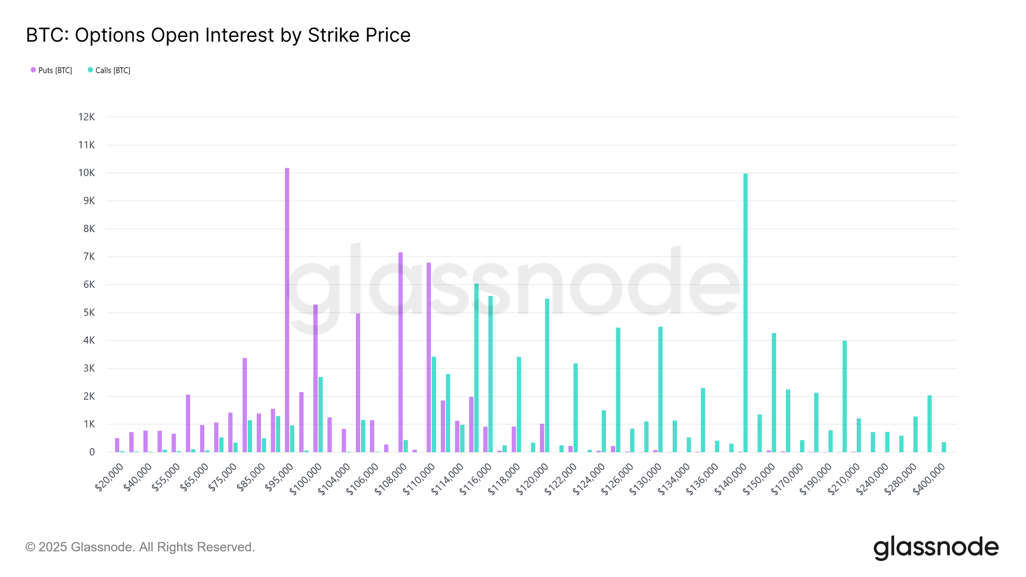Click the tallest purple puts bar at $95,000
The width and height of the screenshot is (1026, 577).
coord(287,310)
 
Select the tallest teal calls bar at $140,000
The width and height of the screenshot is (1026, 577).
coord(745,313)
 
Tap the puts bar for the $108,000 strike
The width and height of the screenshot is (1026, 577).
coord(401,352)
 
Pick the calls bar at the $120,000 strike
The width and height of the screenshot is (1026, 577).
coord(547,375)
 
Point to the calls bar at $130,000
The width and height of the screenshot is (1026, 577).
coord(661,390)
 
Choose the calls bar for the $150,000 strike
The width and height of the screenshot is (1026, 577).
coord(774,393)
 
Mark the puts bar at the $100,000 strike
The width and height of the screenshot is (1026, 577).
coord(315,379)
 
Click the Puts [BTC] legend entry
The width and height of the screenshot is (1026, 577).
coord(51,70)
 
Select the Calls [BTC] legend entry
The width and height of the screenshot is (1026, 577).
coord(109,70)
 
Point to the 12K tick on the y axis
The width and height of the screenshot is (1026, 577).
coord(87,117)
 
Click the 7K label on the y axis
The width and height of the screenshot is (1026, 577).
coord(89,256)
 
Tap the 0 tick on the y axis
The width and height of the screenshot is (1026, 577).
coord(92,452)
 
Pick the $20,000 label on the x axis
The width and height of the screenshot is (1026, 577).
coord(109,477)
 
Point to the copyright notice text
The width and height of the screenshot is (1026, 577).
coord(140,547)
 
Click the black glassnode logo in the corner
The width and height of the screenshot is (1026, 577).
coord(936,547)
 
